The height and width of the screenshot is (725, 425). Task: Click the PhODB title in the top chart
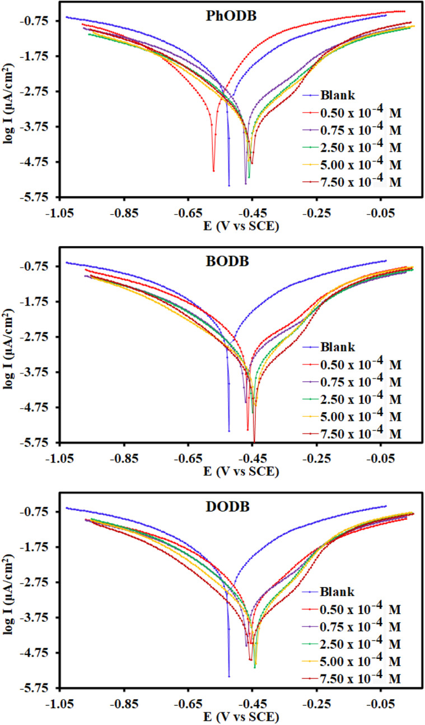pos(230,16)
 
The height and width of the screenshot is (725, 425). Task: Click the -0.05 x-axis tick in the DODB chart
pos(381,704)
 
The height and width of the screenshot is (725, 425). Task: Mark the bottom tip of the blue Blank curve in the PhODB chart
pos(229,185)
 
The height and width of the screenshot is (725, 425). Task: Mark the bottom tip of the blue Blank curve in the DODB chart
pos(229,676)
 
